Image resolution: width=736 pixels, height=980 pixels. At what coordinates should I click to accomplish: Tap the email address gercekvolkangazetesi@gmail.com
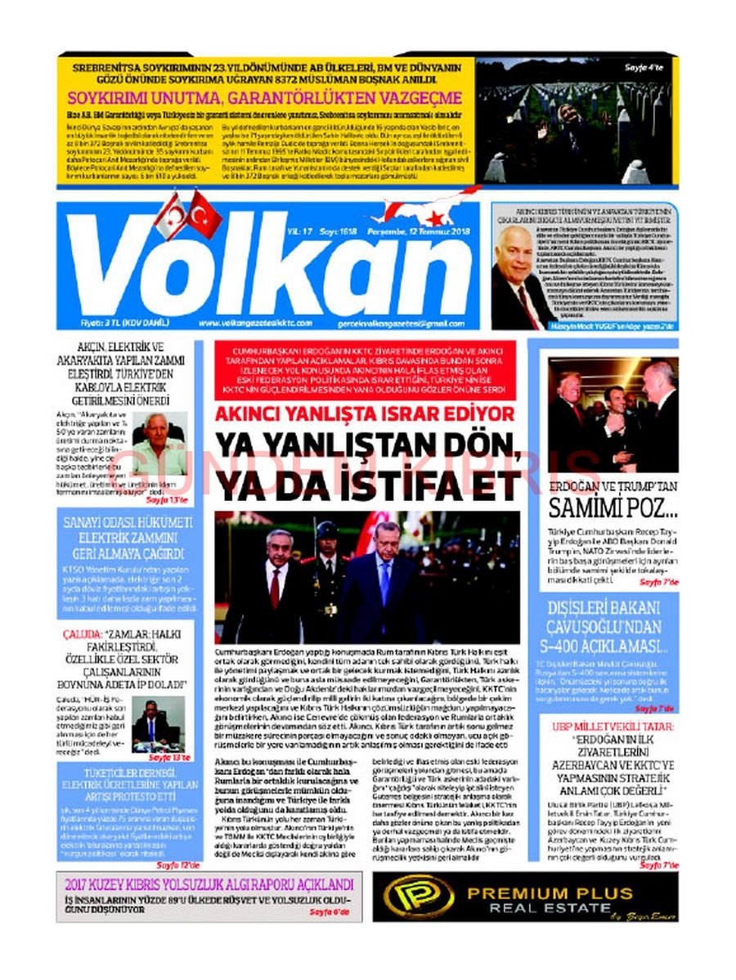(x=406, y=324)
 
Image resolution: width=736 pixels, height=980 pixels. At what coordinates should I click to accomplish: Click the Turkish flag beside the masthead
(x=204, y=214)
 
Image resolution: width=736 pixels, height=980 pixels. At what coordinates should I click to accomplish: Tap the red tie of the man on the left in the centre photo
(x=275, y=586)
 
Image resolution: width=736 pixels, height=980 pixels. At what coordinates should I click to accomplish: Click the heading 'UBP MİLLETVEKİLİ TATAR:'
(x=613, y=725)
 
